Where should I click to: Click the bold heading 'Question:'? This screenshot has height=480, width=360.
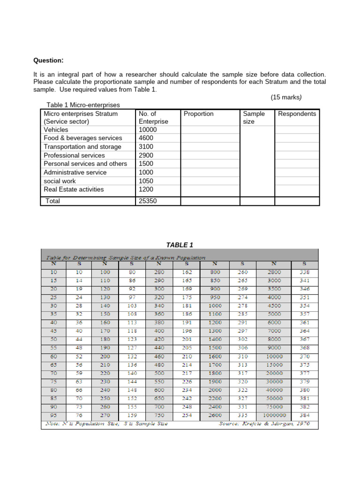(x=48, y=60)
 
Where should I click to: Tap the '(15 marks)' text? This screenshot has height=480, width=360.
(x=286, y=97)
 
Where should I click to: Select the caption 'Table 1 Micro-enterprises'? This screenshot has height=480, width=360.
(x=83, y=105)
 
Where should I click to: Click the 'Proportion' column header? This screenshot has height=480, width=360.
(x=198, y=114)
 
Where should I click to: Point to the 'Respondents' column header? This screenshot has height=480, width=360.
(x=297, y=114)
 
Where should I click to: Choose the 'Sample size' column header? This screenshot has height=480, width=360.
(x=254, y=118)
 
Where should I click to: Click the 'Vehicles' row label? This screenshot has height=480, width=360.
(x=56, y=130)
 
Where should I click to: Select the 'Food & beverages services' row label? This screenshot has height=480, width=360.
(x=82, y=138)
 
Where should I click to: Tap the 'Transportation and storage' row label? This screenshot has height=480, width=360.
(x=82, y=147)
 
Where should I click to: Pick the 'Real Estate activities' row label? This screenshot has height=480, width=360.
(x=74, y=189)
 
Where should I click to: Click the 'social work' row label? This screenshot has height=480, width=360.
(x=60, y=181)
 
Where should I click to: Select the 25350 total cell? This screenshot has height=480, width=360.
(x=149, y=201)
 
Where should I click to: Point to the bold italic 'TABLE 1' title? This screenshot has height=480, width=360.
(x=180, y=245)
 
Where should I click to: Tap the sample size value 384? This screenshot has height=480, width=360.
(x=304, y=415)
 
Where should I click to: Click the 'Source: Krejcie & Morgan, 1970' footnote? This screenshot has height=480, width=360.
(x=264, y=424)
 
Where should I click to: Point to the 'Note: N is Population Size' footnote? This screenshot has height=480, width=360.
(x=106, y=424)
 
